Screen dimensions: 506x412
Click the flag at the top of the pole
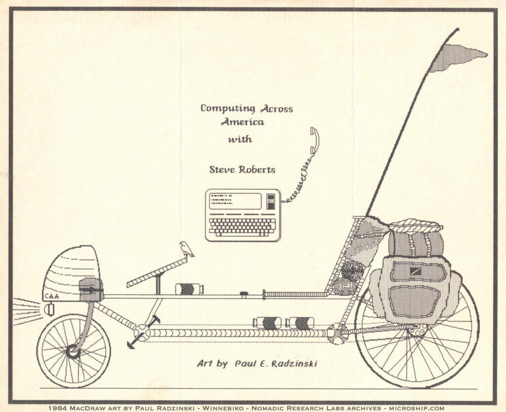click(x=458, y=58)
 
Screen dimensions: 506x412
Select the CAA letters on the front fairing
click(x=51, y=296)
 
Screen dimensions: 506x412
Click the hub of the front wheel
click(x=73, y=351)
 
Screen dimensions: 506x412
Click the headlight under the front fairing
click(x=49, y=309)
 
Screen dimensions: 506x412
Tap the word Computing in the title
click(x=227, y=108)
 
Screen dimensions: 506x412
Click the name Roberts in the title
click(x=257, y=170)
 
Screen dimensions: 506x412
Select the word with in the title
click(x=240, y=139)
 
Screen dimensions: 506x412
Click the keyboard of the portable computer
click(x=243, y=227)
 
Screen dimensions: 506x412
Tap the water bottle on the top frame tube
click(x=189, y=289)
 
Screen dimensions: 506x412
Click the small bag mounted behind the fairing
click(x=91, y=289)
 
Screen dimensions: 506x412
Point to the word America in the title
click(x=243, y=122)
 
